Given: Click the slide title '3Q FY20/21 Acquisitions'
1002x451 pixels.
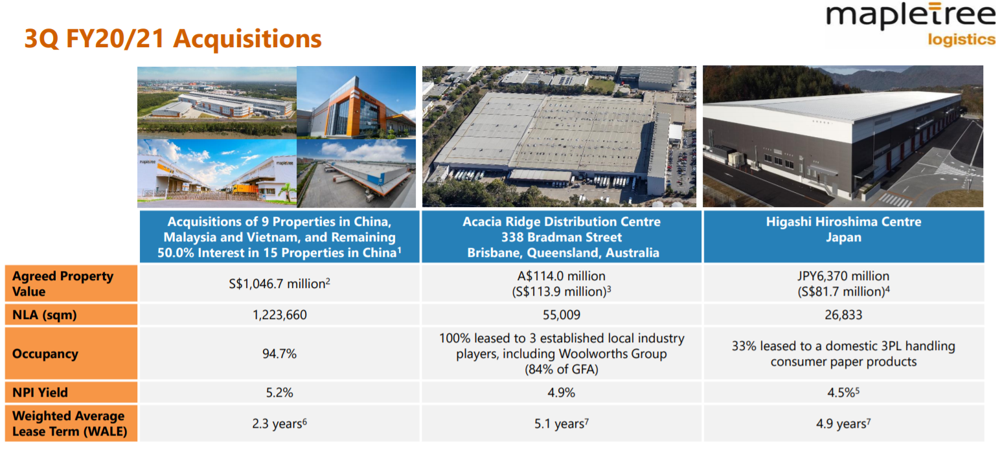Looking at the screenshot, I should (x=172, y=38).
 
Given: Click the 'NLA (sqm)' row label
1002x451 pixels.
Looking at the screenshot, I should (x=46, y=315).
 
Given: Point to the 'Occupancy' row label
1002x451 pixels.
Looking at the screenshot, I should (x=45, y=353).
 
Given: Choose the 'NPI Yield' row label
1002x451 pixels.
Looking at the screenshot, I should (x=40, y=392).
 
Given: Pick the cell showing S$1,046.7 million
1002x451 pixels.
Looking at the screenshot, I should (x=279, y=283).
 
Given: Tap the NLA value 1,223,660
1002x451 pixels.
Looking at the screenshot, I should (x=279, y=315).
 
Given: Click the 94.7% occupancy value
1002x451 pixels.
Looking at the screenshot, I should (x=279, y=354).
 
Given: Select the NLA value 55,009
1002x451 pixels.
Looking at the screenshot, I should (x=561, y=315).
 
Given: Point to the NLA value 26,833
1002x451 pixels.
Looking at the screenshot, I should (x=843, y=315).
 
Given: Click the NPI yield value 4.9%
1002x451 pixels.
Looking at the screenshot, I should (x=561, y=392).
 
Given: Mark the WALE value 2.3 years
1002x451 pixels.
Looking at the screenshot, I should (x=279, y=424).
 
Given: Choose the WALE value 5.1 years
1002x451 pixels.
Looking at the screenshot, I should (x=561, y=424).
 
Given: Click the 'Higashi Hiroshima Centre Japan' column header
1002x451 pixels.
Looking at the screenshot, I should (x=843, y=230).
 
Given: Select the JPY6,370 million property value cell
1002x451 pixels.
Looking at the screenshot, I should (x=843, y=283).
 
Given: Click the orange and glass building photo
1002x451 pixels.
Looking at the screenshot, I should (x=356, y=102).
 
